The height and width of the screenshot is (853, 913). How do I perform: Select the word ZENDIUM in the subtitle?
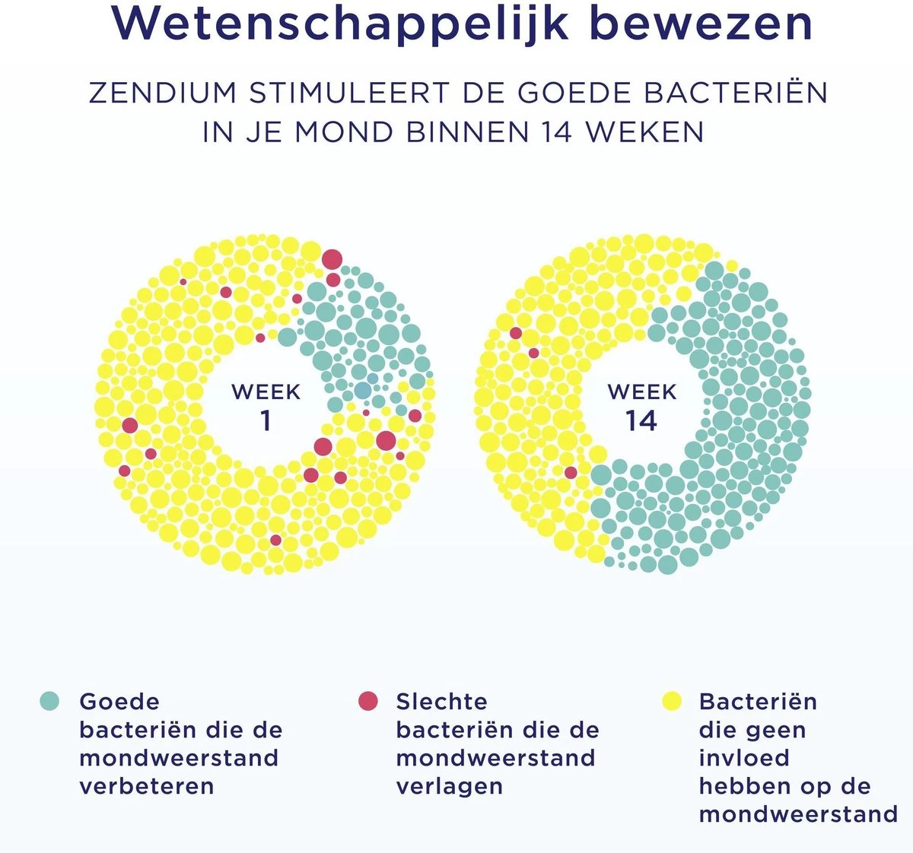click(163, 93)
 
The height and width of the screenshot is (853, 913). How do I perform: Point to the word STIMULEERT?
click(348, 93)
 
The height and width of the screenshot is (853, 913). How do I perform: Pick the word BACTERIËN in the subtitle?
click(736, 93)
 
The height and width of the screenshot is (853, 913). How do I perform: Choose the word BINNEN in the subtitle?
click(467, 132)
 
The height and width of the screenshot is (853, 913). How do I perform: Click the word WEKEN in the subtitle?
click(645, 132)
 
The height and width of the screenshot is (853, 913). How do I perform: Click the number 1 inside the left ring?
click(266, 420)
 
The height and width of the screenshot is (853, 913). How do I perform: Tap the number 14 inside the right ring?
click(641, 420)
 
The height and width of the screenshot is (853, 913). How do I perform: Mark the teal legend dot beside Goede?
click(49, 701)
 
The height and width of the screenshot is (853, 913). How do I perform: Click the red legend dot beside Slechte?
click(368, 701)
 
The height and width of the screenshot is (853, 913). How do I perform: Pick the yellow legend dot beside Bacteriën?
click(672, 701)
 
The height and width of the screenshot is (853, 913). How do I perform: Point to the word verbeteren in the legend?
click(146, 786)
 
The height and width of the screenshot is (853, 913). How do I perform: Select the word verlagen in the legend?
click(449, 786)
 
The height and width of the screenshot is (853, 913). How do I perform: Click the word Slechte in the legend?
click(441, 701)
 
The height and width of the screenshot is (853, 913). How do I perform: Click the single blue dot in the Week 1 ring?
click(363, 391)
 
